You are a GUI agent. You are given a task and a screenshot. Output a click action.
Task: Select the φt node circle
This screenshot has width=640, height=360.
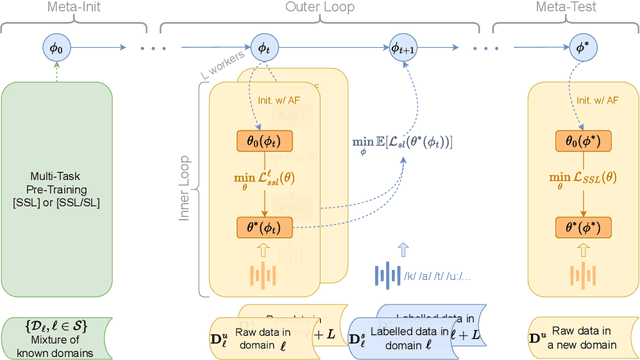click(264, 45)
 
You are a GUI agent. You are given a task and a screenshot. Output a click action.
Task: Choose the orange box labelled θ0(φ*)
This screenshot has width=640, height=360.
click(578, 141)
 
